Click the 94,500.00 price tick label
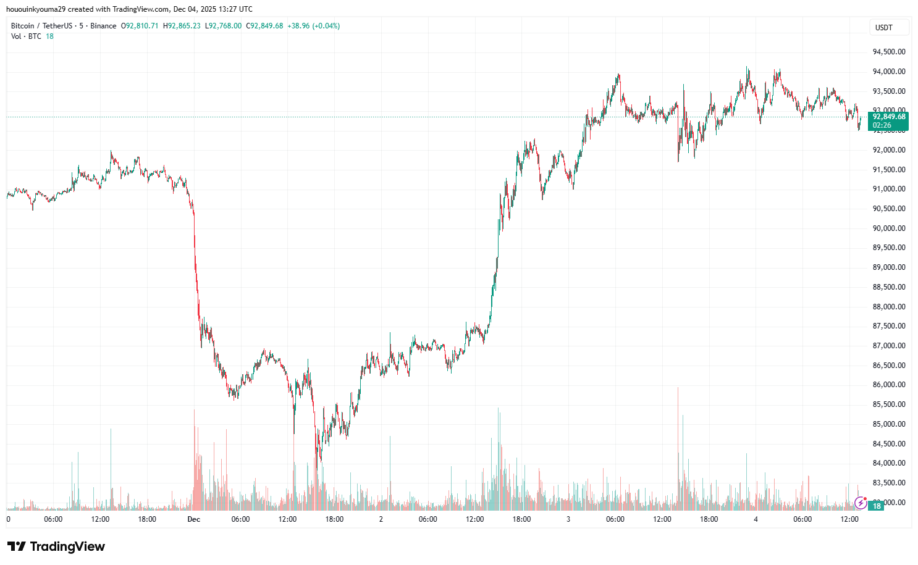coord(888,52)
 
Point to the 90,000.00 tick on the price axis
coord(888,228)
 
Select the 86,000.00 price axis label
coord(888,385)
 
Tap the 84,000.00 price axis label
coord(888,463)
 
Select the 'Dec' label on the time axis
coord(194,519)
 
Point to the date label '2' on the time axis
coord(381,519)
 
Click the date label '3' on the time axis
coord(568,519)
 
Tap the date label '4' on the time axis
coord(756,519)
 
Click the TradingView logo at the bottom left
coord(56,546)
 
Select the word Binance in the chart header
coord(103,26)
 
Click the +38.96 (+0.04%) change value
coord(313,26)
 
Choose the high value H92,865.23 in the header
coord(182,26)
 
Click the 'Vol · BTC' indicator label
coord(26,36)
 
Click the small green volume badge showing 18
coord(877,506)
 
